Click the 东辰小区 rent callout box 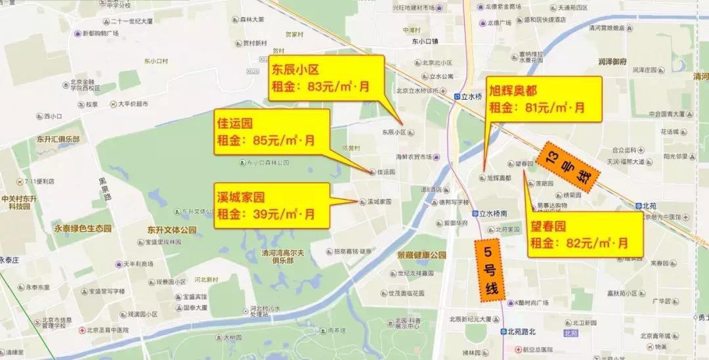pyautogui.click(x=326, y=78)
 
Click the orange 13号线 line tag pyautogui.click(x=566, y=166)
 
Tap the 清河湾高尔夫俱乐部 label pyautogui.click(x=290, y=255)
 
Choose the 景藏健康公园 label pyautogui.click(x=421, y=255)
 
